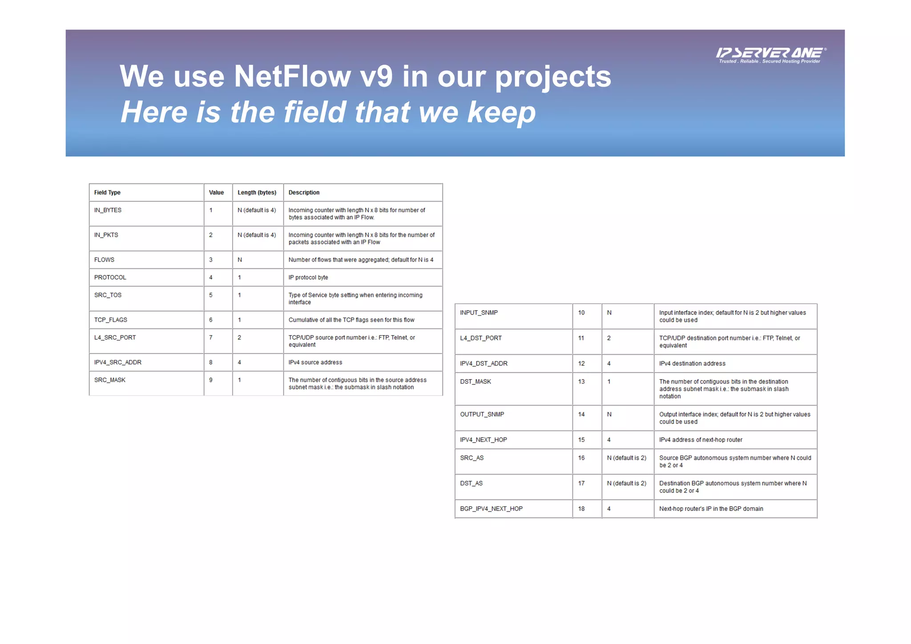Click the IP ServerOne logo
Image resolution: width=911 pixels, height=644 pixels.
770,55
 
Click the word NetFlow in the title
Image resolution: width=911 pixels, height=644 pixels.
292,76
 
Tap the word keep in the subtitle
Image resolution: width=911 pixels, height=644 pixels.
501,112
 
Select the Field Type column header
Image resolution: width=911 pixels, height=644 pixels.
107,192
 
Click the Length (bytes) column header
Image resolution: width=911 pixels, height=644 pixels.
257,192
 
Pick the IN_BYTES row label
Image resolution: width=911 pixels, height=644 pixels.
108,210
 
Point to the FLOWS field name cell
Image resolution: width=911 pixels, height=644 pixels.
104,259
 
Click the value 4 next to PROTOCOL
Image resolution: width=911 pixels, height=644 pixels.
211,277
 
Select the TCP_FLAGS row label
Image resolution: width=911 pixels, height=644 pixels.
110,320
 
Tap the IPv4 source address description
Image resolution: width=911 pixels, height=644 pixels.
315,362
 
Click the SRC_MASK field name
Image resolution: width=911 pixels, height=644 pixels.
109,380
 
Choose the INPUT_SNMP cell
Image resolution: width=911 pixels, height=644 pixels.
479,312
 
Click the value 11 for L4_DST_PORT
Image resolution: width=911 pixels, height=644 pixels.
581,338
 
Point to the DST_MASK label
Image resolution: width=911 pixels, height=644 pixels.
476,381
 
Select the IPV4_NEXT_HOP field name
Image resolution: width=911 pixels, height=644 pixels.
483,440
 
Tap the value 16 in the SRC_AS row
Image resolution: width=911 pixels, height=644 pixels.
581,458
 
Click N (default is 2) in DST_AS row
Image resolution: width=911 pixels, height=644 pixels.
626,483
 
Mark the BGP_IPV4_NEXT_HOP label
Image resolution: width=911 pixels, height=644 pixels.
491,508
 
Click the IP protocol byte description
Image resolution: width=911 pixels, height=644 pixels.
308,277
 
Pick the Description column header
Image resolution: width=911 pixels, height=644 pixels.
304,192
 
